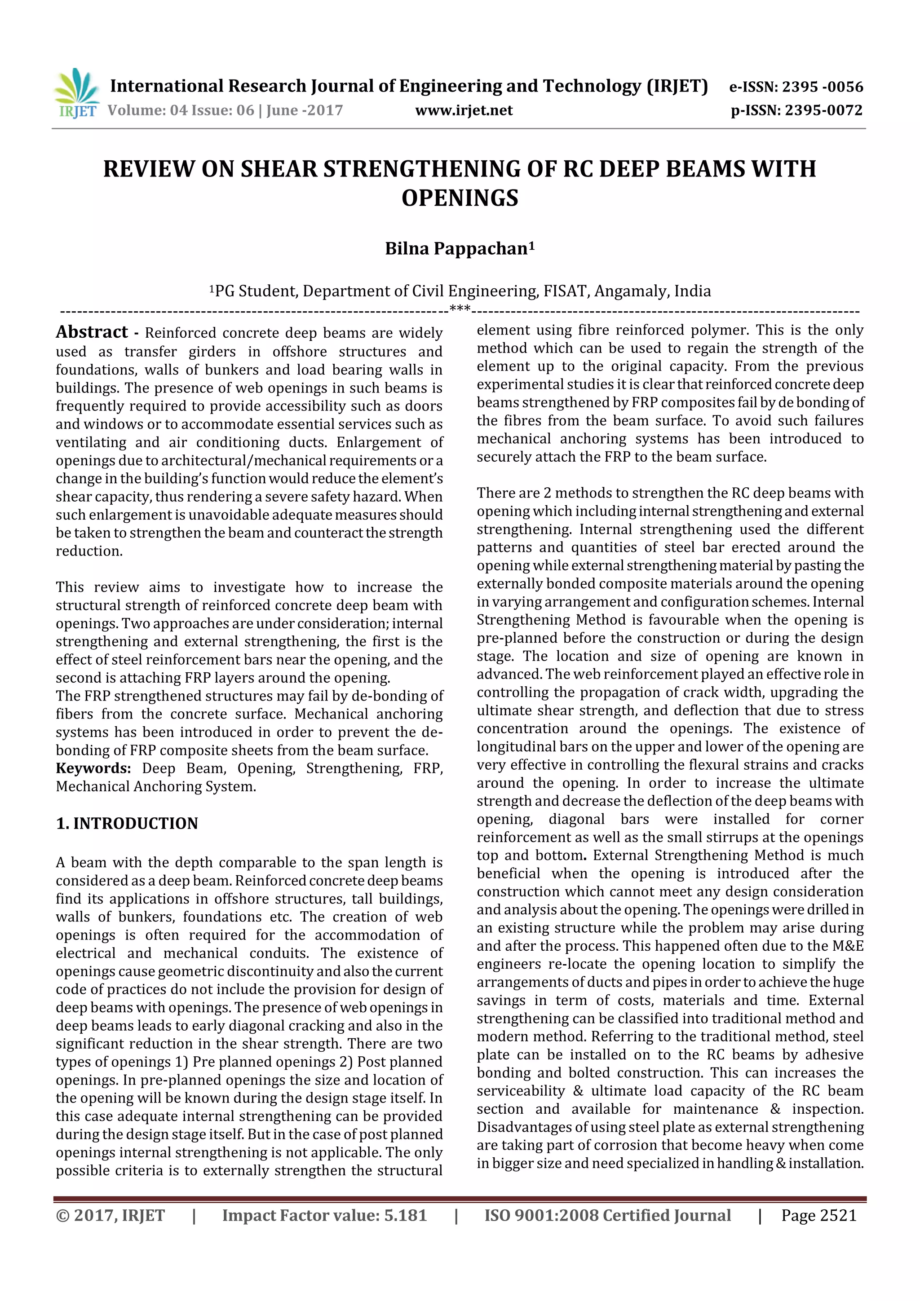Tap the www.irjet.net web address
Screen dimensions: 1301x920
tap(464, 110)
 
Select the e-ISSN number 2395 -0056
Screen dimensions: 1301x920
tap(822, 87)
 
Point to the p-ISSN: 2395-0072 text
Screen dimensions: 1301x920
tap(796, 110)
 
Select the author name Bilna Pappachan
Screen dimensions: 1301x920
tap(456, 249)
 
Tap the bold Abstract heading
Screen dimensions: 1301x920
tap(92, 332)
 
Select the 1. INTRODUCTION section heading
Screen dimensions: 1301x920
tap(127, 823)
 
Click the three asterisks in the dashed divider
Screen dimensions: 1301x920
tap(460, 309)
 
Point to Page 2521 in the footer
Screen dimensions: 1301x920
tap(818, 1215)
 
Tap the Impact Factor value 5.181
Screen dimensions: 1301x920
tap(405, 1215)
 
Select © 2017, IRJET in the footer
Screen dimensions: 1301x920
tap(111, 1215)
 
